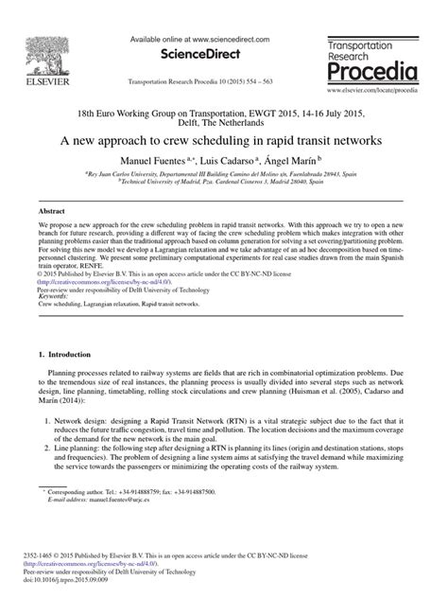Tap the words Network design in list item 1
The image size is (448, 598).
(80, 418)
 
